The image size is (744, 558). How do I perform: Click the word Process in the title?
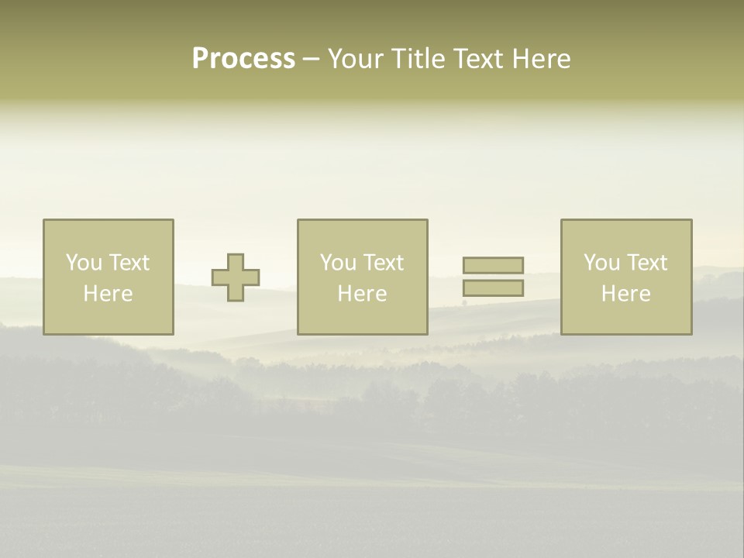point(243,59)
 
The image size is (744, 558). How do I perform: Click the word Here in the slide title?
point(543,59)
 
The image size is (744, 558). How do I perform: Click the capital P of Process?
point(200,59)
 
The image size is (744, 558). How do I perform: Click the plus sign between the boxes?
point(236,277)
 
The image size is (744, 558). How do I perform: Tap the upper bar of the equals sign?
point(493,265)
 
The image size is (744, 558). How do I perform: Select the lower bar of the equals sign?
point(493,288)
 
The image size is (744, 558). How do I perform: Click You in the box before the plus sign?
point(84,263)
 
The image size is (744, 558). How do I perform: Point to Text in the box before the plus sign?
point(129,263)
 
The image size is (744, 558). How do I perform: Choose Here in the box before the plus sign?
point(108,294)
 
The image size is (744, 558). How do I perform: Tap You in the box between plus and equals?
point(338,263)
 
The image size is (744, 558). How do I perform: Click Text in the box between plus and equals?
point(383,263)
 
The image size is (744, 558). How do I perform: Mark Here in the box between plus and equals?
point(362,294)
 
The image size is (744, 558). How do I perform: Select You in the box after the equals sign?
point(601,263)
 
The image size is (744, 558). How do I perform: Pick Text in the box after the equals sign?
point(646,263)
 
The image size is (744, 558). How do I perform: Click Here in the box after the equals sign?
point(625,294)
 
